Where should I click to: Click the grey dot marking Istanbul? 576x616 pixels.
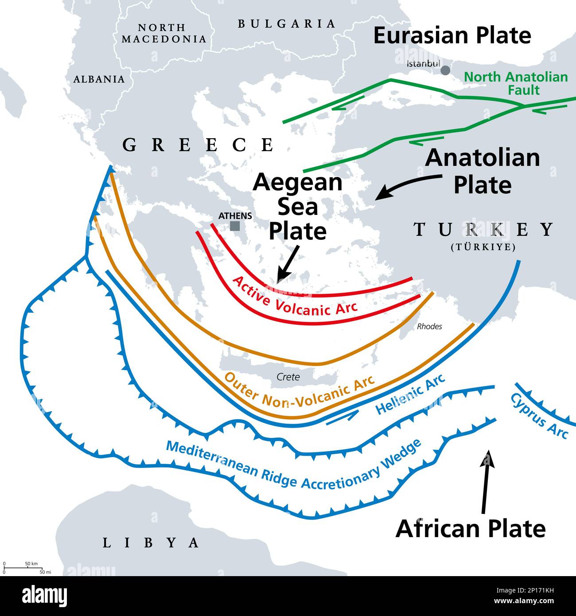pos(445,70)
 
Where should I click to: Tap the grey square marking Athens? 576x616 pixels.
pos(235,226)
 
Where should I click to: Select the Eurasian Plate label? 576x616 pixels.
pos(452,35)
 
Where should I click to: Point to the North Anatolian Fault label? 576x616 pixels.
pos(516,83)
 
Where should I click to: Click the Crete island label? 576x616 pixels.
pos(288,377)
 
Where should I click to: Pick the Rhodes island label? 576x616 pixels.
pos(429,327)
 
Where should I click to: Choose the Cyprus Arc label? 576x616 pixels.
pos(539,416)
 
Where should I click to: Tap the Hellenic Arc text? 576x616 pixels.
pos(410,394)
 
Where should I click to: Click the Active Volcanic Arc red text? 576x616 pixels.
pos(294,296)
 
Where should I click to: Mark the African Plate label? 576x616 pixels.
pos(471,528)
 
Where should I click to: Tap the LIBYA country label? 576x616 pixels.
pos(151,542)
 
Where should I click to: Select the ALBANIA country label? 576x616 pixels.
pos(99,79)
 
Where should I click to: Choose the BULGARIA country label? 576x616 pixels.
pos(287,24)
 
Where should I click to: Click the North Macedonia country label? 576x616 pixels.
pos(164,33)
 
